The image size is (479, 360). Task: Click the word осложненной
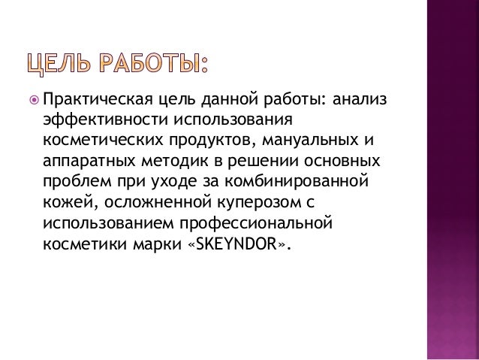(x=142, y=203)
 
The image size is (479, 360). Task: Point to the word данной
(x=225, y=99)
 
